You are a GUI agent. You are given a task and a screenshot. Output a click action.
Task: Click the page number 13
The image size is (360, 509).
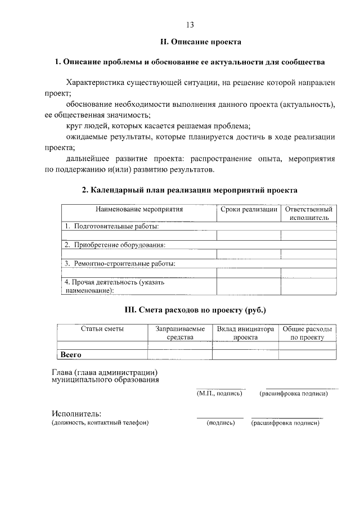coord(190,24)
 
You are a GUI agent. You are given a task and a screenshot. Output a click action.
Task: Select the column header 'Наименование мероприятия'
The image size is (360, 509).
coord(139,209)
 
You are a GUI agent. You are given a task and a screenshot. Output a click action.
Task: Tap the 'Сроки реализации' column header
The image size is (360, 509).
coord(249,209)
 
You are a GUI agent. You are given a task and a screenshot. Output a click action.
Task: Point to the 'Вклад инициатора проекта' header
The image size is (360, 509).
coord(245,332)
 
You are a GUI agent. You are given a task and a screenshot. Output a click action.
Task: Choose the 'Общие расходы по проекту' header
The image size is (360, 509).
coord(307,332)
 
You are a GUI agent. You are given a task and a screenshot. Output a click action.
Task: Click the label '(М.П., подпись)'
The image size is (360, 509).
coord(219,394)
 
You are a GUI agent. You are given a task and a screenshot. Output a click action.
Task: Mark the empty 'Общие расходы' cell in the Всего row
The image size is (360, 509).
coord(307,354)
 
